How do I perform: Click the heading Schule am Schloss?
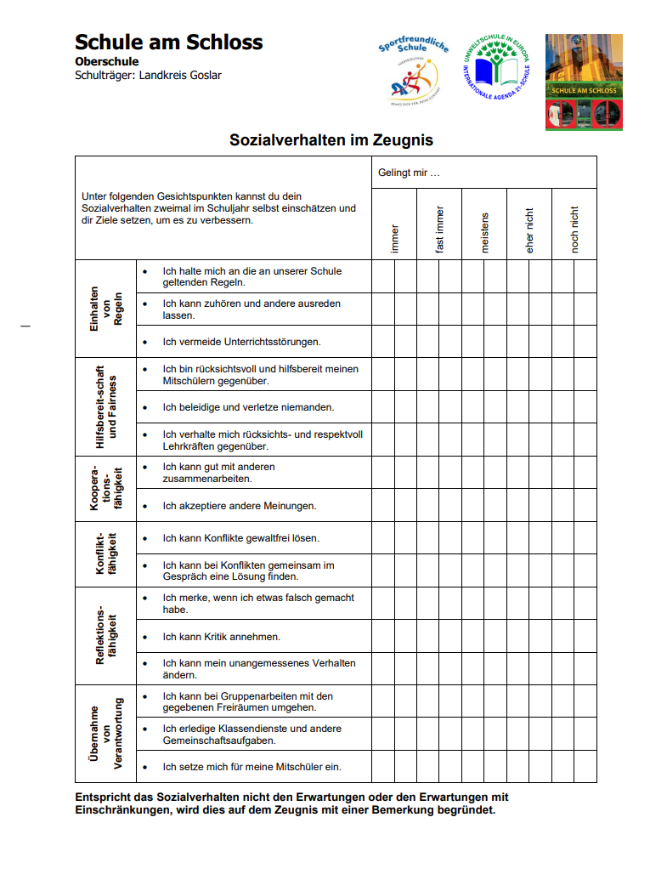[168, 43]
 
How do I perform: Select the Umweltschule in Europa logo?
[496, 71]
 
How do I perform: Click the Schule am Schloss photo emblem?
[584, 82]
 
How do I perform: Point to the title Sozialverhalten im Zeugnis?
[331, 140]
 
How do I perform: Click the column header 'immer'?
[394, 238]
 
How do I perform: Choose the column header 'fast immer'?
[439, 230]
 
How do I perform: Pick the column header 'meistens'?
[485, 232]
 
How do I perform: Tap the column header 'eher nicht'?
[529, 230]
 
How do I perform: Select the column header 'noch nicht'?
[574, 230]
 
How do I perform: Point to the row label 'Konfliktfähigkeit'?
[106, 554]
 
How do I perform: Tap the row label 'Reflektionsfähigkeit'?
[106, 636]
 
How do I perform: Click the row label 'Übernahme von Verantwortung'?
[106, 734]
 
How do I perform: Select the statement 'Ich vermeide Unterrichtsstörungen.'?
[242, 342]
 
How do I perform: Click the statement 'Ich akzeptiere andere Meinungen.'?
[240, 506]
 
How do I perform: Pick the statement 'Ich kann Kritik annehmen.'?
[222, 637]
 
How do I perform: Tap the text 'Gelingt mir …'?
[410, 173]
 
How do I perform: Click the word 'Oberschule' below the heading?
[107, 62]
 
